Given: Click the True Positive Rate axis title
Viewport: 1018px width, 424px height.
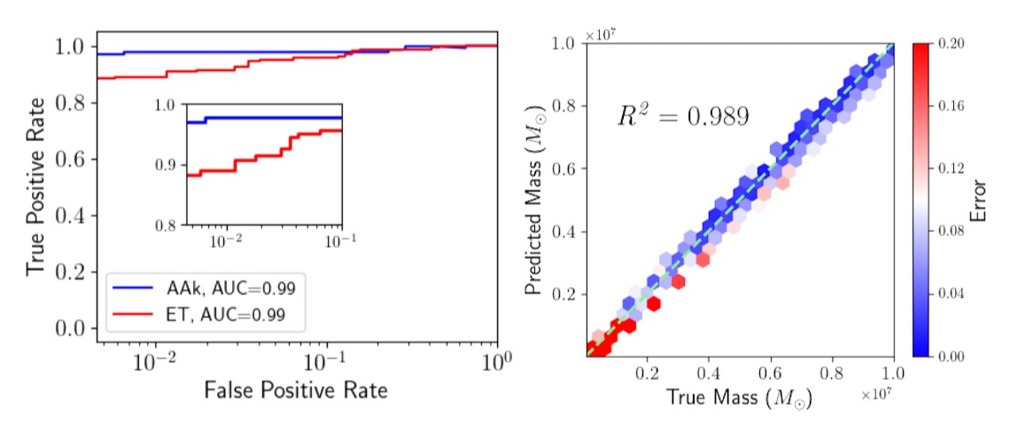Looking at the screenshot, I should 35,185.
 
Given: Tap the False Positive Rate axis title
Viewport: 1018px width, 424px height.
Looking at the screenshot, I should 296,389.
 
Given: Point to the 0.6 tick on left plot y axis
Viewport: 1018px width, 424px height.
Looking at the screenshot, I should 76,159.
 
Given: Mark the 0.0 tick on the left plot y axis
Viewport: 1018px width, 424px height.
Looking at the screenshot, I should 76,328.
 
